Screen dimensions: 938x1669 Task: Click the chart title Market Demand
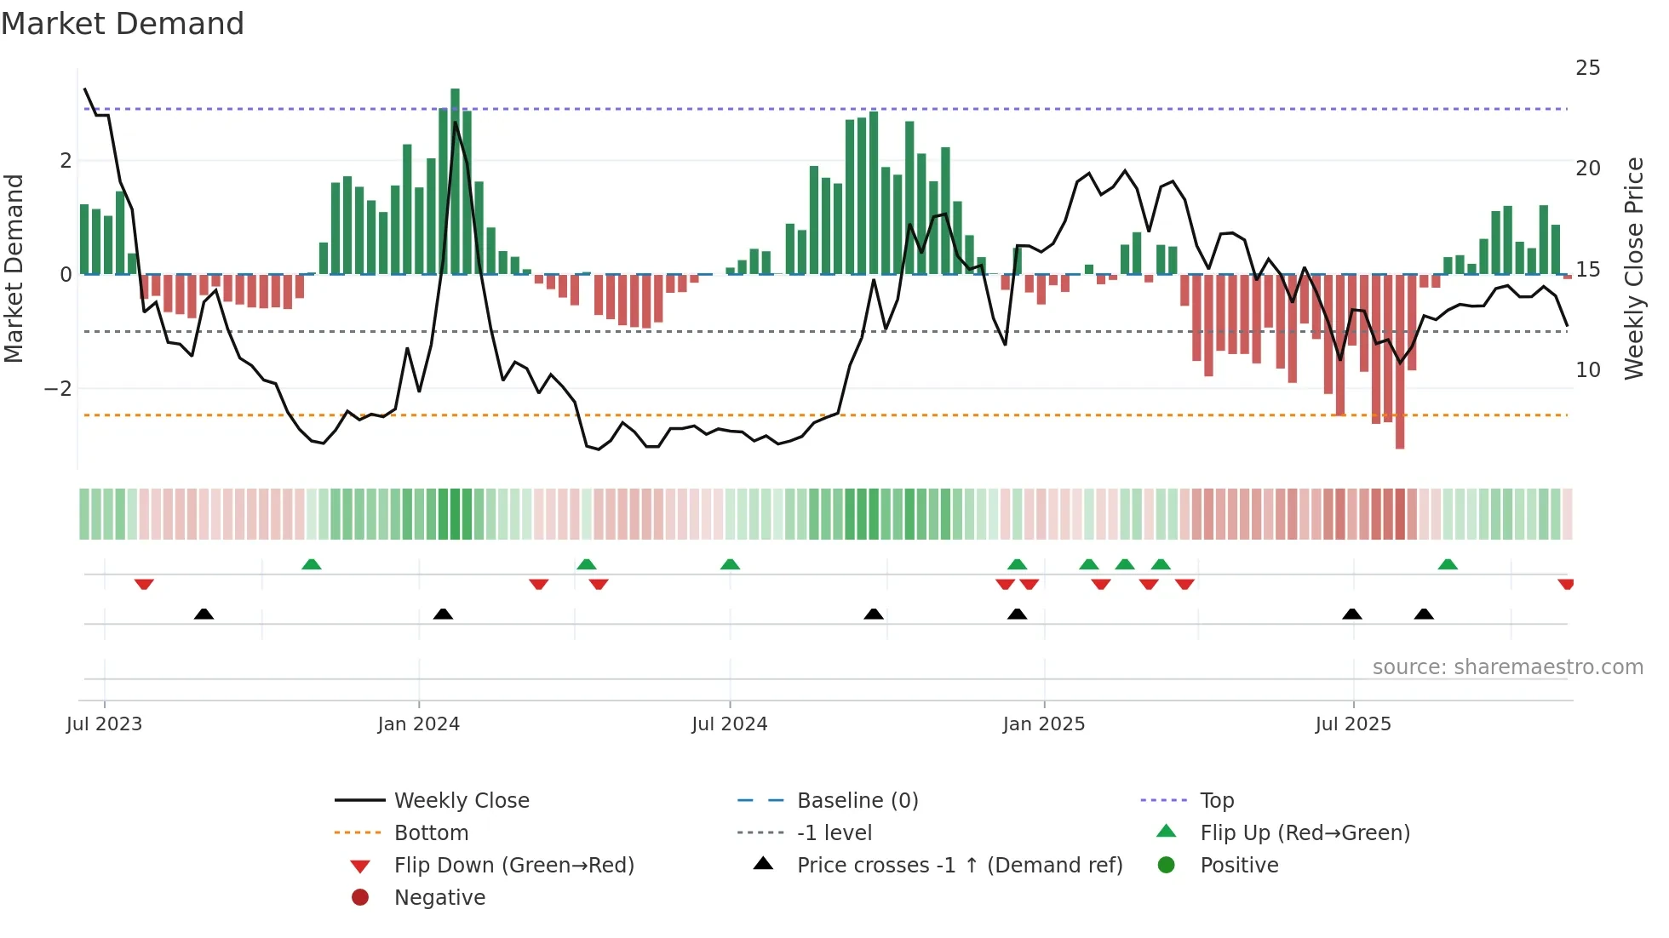[x=123, y=24]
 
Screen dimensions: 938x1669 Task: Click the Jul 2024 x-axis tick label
[x=729, y=724]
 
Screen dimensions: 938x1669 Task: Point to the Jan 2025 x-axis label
[x=1043, y=724]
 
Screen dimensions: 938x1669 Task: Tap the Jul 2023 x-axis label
[x=104, y=724]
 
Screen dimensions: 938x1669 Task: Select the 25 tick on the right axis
[x=1587, y=68]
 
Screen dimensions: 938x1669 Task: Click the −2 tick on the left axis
[x=58, y=389]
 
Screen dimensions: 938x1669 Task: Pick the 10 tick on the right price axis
[x=1587, y=370]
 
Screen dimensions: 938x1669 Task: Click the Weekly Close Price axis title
[x=1633, y=268]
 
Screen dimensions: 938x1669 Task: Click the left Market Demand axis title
[x=14, y=268]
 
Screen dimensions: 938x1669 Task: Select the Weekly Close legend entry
[x=461, y=801]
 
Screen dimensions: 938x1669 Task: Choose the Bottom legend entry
[x=431, y=833]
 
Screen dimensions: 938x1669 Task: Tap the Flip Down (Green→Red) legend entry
[x=513, y=866]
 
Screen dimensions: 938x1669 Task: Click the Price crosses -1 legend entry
[x=959, y=866]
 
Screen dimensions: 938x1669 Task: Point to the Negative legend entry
[x=439, y=898]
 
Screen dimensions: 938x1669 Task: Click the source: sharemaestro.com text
[x=1507, y=667]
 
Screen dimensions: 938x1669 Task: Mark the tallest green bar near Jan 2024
[x=455, y=180]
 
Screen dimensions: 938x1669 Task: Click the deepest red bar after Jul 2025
[x=1400, y=361]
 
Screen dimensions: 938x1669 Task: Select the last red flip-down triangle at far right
[x=1565, y=584]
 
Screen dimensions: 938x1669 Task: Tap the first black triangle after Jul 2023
[x=204, y=614]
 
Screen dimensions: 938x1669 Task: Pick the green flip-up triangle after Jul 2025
[x=1448, y=564]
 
